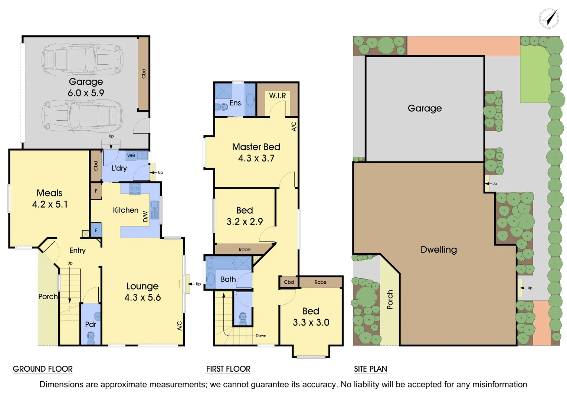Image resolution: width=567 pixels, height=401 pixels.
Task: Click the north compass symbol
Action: click(549, 19)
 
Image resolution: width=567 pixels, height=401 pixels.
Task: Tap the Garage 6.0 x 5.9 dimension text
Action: click(86, 93)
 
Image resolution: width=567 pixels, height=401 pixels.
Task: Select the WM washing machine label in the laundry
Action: click(131, 156)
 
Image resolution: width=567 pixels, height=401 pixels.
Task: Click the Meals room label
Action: click(49, 193)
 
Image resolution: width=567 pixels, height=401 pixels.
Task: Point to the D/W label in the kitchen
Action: click(145, 216)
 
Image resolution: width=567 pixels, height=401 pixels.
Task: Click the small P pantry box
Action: click(96, 191)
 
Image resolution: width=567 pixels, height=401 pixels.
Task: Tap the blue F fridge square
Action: click(96, 230)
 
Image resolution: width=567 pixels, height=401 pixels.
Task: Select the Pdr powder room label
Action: click(91, 324)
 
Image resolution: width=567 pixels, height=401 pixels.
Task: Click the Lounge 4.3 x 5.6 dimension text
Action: click(142, 297)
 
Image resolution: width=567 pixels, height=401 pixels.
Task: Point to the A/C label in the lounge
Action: click(180, 326)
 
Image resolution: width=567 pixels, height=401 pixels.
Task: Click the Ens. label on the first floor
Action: click(236, 103)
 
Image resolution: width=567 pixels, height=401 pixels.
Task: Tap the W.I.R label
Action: click(278, 95)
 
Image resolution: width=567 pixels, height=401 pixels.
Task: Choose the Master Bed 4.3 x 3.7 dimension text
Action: click(256, 158)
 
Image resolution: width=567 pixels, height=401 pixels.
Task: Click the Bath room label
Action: click(228, 279)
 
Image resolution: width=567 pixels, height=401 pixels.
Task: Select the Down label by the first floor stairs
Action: click(261, 336)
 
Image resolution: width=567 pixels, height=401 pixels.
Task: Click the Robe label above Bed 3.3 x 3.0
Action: click(320, 282)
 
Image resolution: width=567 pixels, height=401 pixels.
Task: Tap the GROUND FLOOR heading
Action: click(43, 369)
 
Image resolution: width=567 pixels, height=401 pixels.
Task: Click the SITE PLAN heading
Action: click(370, 369)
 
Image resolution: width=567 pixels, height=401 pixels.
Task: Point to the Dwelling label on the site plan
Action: click(439, 250)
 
